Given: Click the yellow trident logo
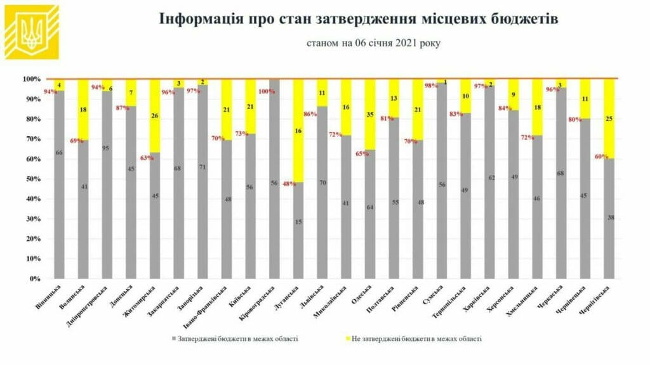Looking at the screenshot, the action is click(x=32, y=32).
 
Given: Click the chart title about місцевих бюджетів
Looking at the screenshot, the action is click(x=359, y=18).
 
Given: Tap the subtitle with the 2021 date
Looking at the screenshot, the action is click(x=373, y=43).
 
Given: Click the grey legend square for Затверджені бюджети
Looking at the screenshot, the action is click(x=174, y=339).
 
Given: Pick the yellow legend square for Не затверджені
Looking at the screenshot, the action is click(x=348, y=339).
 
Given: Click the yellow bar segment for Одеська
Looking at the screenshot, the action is click(x=370, y=115).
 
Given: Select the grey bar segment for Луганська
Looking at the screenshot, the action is click(x=298, y=231).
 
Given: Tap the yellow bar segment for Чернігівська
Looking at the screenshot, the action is click(x=609, y=118).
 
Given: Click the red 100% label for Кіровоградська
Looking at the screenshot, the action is click(x=267, y=91).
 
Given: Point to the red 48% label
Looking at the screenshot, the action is click(x=289, y=184).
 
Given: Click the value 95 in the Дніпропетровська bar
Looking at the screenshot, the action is click(x=106, y=148).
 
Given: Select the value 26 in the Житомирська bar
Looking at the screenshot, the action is click(x=154, y=116).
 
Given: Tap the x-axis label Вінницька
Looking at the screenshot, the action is click(x=49, y=297).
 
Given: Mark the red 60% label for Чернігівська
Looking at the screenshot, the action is click(x=602, y=157).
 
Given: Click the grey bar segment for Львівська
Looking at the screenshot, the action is click(x=322, y=193).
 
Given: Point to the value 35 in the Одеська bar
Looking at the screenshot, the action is click(x=370, y=115).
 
